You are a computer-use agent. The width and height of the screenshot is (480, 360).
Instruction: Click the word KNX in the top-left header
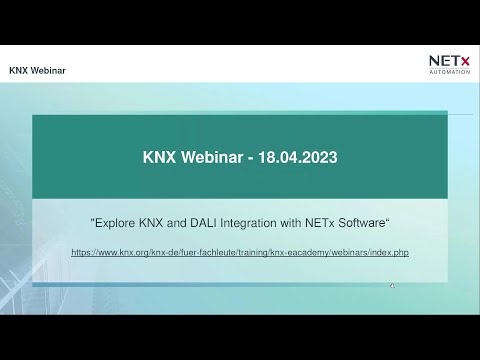click(x=19, y=72)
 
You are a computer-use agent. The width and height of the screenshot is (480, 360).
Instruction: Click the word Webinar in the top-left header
click(x=46, y=72)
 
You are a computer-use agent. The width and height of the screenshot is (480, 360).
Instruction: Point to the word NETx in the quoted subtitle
click(x=320, y=222)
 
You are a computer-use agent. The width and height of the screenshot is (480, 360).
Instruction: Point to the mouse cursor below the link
click(x=392, y=285)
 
